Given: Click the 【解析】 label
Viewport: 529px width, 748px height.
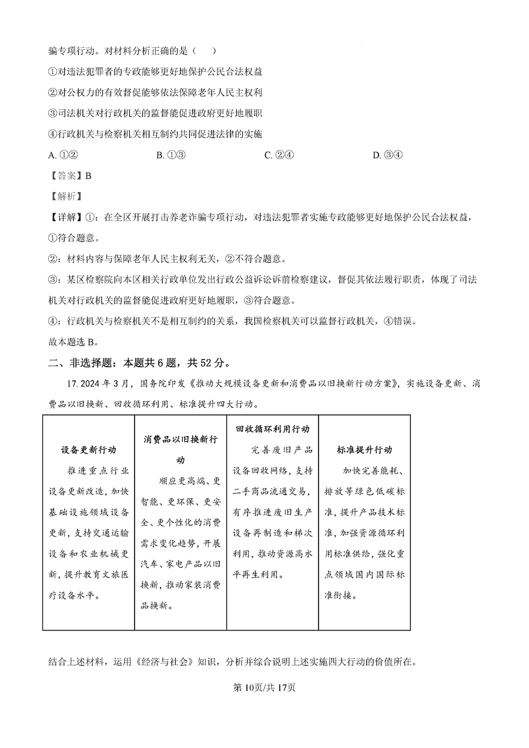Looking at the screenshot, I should [65, 196].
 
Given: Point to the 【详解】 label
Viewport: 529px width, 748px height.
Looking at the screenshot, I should [65, 217].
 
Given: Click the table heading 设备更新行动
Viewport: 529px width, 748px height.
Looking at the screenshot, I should [88, 450].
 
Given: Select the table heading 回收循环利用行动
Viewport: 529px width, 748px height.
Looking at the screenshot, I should [272, 430].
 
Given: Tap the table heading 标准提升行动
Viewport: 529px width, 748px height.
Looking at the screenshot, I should [364, 450].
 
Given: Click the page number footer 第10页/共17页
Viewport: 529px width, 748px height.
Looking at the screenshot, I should [264, 687].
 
